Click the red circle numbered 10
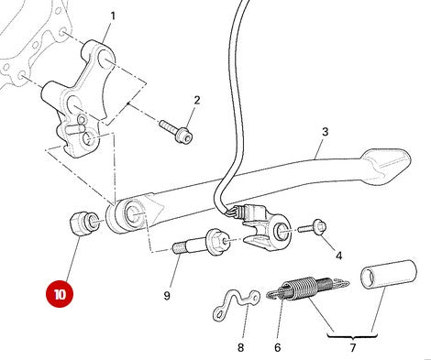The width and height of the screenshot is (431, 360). tap(60, 296)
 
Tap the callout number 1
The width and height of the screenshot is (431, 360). tap(113, 16)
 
